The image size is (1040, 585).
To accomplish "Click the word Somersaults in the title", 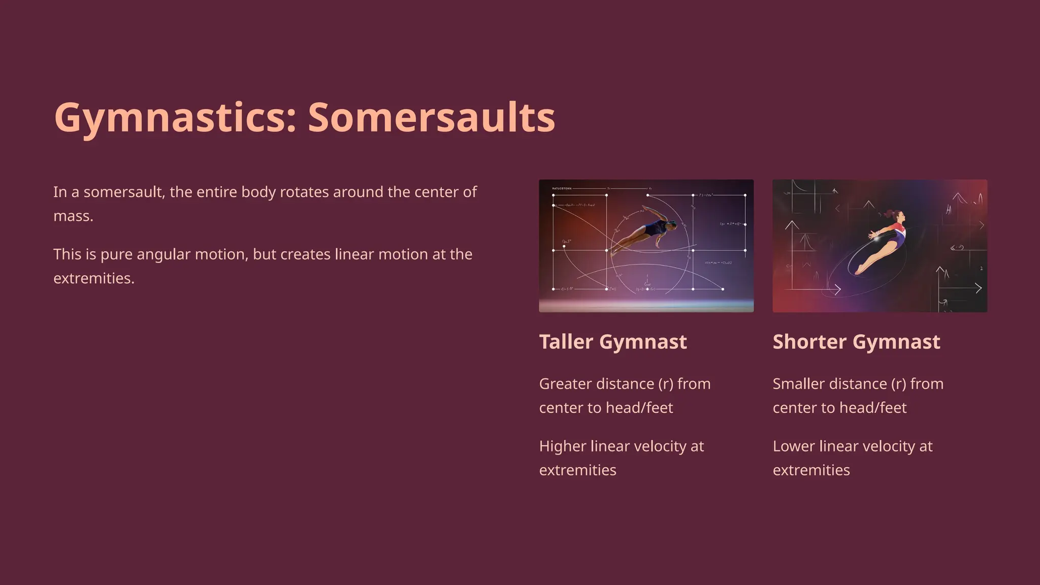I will point(431,118).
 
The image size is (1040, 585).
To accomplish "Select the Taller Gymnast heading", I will point(612,342).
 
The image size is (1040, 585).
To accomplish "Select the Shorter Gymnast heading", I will point(856,342).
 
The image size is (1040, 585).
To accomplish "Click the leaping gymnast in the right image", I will point(884,242).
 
